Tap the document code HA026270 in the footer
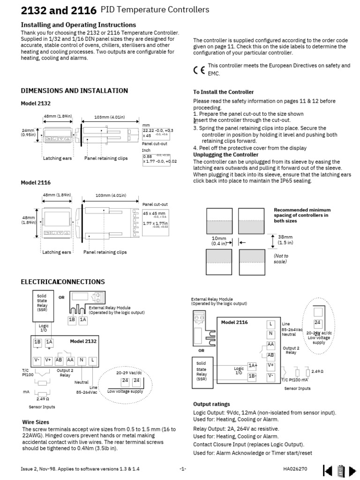coord(295,469)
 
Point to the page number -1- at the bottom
coord(183,469)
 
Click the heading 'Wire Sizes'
coord(36,422)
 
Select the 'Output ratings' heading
coord(211,404)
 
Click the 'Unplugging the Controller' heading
coord(225,155)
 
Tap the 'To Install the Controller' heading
coord(223,92)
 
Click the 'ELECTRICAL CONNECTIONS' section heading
coord(63,282)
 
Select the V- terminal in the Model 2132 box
coord(37,360)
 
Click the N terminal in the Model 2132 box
coord(82,360)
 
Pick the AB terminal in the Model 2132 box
coord(60,360)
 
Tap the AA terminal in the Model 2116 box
coord(270,344)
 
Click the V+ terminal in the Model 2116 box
coord(270,365)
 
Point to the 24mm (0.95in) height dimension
coord(28,133)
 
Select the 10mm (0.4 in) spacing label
coord(218,241)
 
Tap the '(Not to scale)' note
coord(281,259)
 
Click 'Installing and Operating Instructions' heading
coord(79,25)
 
